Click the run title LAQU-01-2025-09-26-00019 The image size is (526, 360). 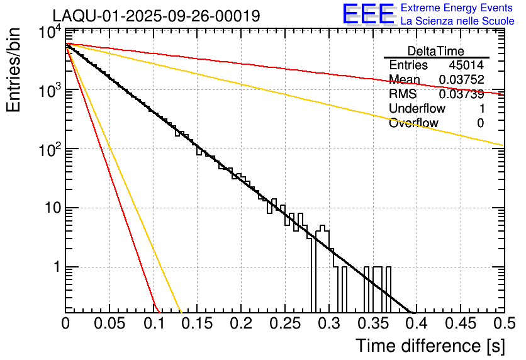tap(155, 16)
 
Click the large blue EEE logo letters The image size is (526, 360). tap(368, 14)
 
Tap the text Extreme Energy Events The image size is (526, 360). tap(457, 8)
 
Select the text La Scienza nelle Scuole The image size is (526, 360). tap(457, 21)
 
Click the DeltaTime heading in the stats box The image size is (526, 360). tap(436, 51)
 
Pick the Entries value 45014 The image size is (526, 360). tap(466, 65)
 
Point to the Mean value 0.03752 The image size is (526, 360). tap(461, 80)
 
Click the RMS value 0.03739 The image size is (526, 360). tap(461, 94)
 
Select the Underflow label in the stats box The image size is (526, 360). tap(417, 109)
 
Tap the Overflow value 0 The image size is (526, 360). tap(480, 123)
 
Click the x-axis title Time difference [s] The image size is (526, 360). tap(429, 346)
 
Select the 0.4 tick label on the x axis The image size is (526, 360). tap(416, 324)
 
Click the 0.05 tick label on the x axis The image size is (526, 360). tap(109, 324)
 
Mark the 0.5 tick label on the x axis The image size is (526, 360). tap(503, 324)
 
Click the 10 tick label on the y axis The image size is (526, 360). tap(51, 209)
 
